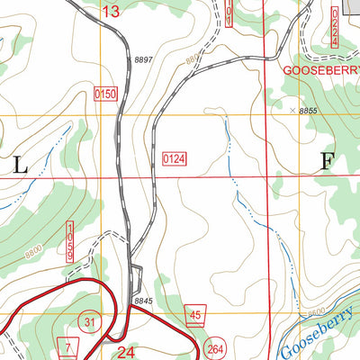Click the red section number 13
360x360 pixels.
111,12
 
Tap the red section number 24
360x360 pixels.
126,353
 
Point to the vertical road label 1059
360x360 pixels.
68,243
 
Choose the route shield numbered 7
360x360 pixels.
67,347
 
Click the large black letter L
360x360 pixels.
20,164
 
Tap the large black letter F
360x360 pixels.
327,162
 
